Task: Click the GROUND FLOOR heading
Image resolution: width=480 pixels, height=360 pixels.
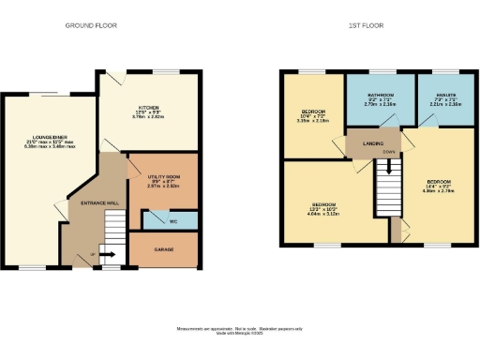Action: tap(91, 25)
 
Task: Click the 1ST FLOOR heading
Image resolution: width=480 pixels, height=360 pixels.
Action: tap(367, 25)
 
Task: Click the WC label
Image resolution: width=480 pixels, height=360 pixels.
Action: tap(173, 222)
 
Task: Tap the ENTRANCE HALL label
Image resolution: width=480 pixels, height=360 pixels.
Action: tap(98, 202)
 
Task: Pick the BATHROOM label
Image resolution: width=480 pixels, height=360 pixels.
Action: tap(380, 96)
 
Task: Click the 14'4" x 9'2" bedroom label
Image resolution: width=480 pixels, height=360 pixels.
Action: tap(439, 180)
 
